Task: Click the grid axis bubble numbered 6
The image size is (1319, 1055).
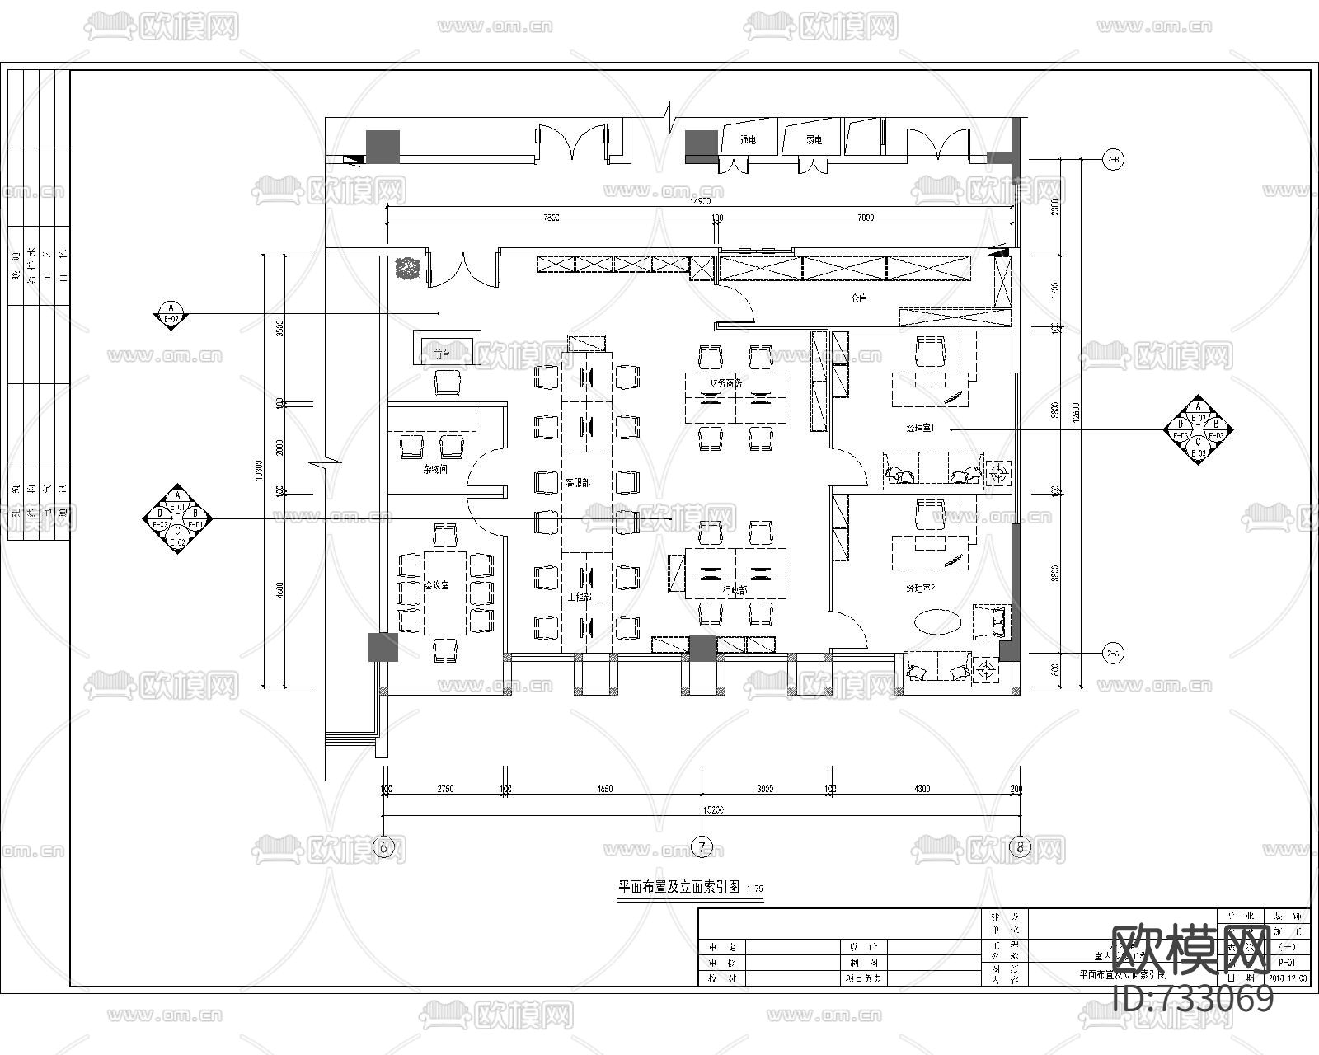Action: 383,846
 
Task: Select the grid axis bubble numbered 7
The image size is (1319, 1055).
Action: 702,846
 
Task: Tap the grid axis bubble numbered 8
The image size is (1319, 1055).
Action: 1021,846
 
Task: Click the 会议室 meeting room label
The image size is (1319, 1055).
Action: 436,585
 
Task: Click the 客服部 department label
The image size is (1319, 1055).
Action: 577,482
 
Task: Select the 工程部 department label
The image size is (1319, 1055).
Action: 580,597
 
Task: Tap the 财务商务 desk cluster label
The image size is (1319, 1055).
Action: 725,383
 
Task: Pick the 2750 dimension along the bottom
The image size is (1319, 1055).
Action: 444,789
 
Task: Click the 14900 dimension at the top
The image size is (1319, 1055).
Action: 701,200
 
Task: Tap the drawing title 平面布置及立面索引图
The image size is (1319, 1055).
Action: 680,888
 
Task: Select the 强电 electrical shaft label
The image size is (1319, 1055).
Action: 749,140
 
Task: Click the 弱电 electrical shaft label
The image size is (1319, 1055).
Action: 814,140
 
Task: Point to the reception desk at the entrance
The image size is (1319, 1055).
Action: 445,349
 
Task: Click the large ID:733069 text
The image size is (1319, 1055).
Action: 1193,999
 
